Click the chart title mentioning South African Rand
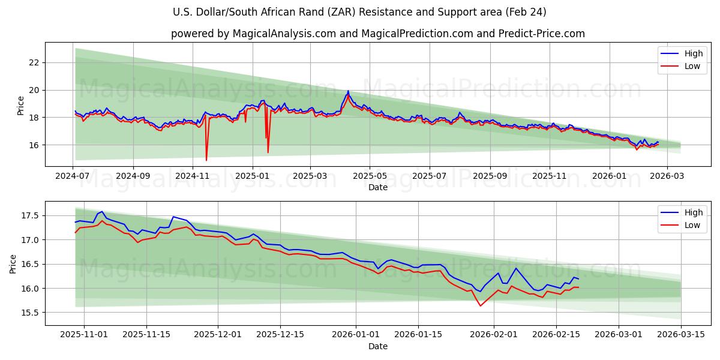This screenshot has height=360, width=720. click(x=359, y=12)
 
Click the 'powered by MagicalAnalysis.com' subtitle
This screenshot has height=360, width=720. click(x=377, y=34)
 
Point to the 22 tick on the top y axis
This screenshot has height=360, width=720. click(x=34, y=62)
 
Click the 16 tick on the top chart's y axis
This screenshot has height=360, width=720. click(x=34, y=145)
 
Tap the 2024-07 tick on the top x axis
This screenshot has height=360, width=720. click(x=73, y=176)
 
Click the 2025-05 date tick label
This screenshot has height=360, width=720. click(x=369, y=176)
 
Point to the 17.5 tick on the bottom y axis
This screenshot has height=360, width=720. click(x=30, y=215)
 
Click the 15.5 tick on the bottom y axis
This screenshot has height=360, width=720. click(x=30, y=313)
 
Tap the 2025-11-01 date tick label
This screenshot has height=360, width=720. click(x=84, y=335)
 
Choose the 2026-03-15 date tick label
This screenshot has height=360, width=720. click(x=681, y=335)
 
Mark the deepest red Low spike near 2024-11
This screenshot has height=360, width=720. click(x=206, y=160)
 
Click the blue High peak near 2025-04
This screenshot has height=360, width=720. click(x=348, y=91)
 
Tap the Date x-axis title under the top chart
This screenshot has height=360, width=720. click(x=378, y=187)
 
